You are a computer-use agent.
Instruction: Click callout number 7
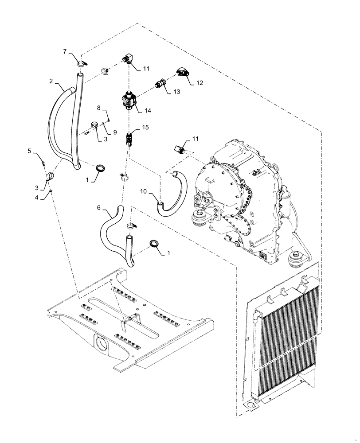[x=65, y=52]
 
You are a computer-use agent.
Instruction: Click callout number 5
[x=29, y=151]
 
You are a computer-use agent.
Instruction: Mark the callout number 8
[x=99, y=108]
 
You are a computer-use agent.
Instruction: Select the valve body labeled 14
[x=129, y=99]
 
